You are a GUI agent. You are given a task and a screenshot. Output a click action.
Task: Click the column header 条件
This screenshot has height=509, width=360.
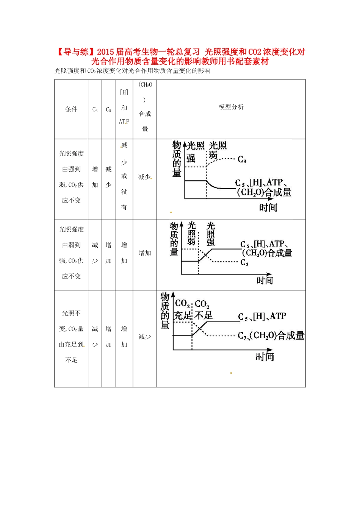pos(71,109)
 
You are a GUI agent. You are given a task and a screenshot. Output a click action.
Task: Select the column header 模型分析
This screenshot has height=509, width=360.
pos(231,107)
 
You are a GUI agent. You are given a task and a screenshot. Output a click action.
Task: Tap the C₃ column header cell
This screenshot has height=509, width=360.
pos(95,109)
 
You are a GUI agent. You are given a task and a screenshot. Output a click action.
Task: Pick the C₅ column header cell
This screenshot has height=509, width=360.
pos(108,109)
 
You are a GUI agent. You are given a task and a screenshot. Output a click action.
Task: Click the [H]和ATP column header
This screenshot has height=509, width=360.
pos(124,107)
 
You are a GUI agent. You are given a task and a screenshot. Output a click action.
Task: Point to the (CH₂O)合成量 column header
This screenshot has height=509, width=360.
pos(145,107)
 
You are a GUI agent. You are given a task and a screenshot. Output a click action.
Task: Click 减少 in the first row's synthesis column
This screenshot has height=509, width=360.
pos(144,177)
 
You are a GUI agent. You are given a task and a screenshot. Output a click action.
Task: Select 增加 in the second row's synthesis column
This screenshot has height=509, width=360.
pos(145,253)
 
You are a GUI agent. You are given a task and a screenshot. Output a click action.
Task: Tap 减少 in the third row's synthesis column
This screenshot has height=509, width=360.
pos(145,337)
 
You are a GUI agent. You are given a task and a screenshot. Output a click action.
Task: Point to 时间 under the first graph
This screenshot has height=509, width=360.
pos(268,208)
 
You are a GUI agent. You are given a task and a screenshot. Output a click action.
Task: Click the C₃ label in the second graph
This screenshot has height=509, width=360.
pos(244,262)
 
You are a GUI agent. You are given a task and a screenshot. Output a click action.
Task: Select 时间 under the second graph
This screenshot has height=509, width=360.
pos(265,281)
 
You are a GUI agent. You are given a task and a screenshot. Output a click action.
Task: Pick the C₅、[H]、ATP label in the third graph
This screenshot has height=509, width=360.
pos(262,317)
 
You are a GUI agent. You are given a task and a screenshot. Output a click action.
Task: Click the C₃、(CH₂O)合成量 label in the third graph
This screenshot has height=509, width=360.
pos(271,336)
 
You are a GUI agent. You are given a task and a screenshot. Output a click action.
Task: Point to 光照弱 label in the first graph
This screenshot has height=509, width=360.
pos(218,150)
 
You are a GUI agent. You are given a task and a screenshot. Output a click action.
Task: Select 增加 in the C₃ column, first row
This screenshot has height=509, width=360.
pos(95,177)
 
